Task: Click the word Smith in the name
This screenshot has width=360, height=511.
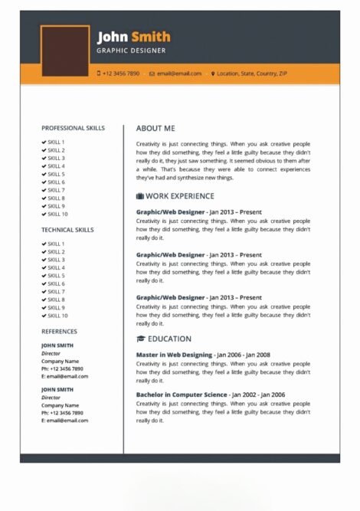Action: (151, 37)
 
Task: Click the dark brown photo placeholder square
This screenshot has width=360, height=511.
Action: (65, 51)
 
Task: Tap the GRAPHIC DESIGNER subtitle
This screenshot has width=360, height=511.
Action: (131, 51)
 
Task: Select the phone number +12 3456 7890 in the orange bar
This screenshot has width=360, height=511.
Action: (122, 74)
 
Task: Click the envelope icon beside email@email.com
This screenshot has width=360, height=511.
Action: (152, 74)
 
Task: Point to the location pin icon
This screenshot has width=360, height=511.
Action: (213, 74)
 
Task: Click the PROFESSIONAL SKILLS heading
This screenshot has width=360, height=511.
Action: (73, 128)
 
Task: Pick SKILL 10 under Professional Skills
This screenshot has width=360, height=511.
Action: (57, 214)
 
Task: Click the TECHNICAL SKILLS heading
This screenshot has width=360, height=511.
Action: (68, 229)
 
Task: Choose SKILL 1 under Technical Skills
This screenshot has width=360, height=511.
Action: (56, 244)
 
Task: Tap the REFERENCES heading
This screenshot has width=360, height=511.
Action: (59, 332)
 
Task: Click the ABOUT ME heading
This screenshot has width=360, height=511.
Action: (155, 129)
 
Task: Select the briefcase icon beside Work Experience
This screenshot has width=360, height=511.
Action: (140, 196)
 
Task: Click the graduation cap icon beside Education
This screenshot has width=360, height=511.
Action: (140, 339)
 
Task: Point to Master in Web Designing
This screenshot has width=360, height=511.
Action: (174, 355)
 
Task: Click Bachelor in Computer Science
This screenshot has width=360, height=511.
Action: (182, 395)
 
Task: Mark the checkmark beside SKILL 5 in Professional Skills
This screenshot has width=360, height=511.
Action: (44, 174)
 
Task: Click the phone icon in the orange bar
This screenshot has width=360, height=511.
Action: (99, 74)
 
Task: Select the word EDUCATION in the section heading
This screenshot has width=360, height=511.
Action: (169, 339)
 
